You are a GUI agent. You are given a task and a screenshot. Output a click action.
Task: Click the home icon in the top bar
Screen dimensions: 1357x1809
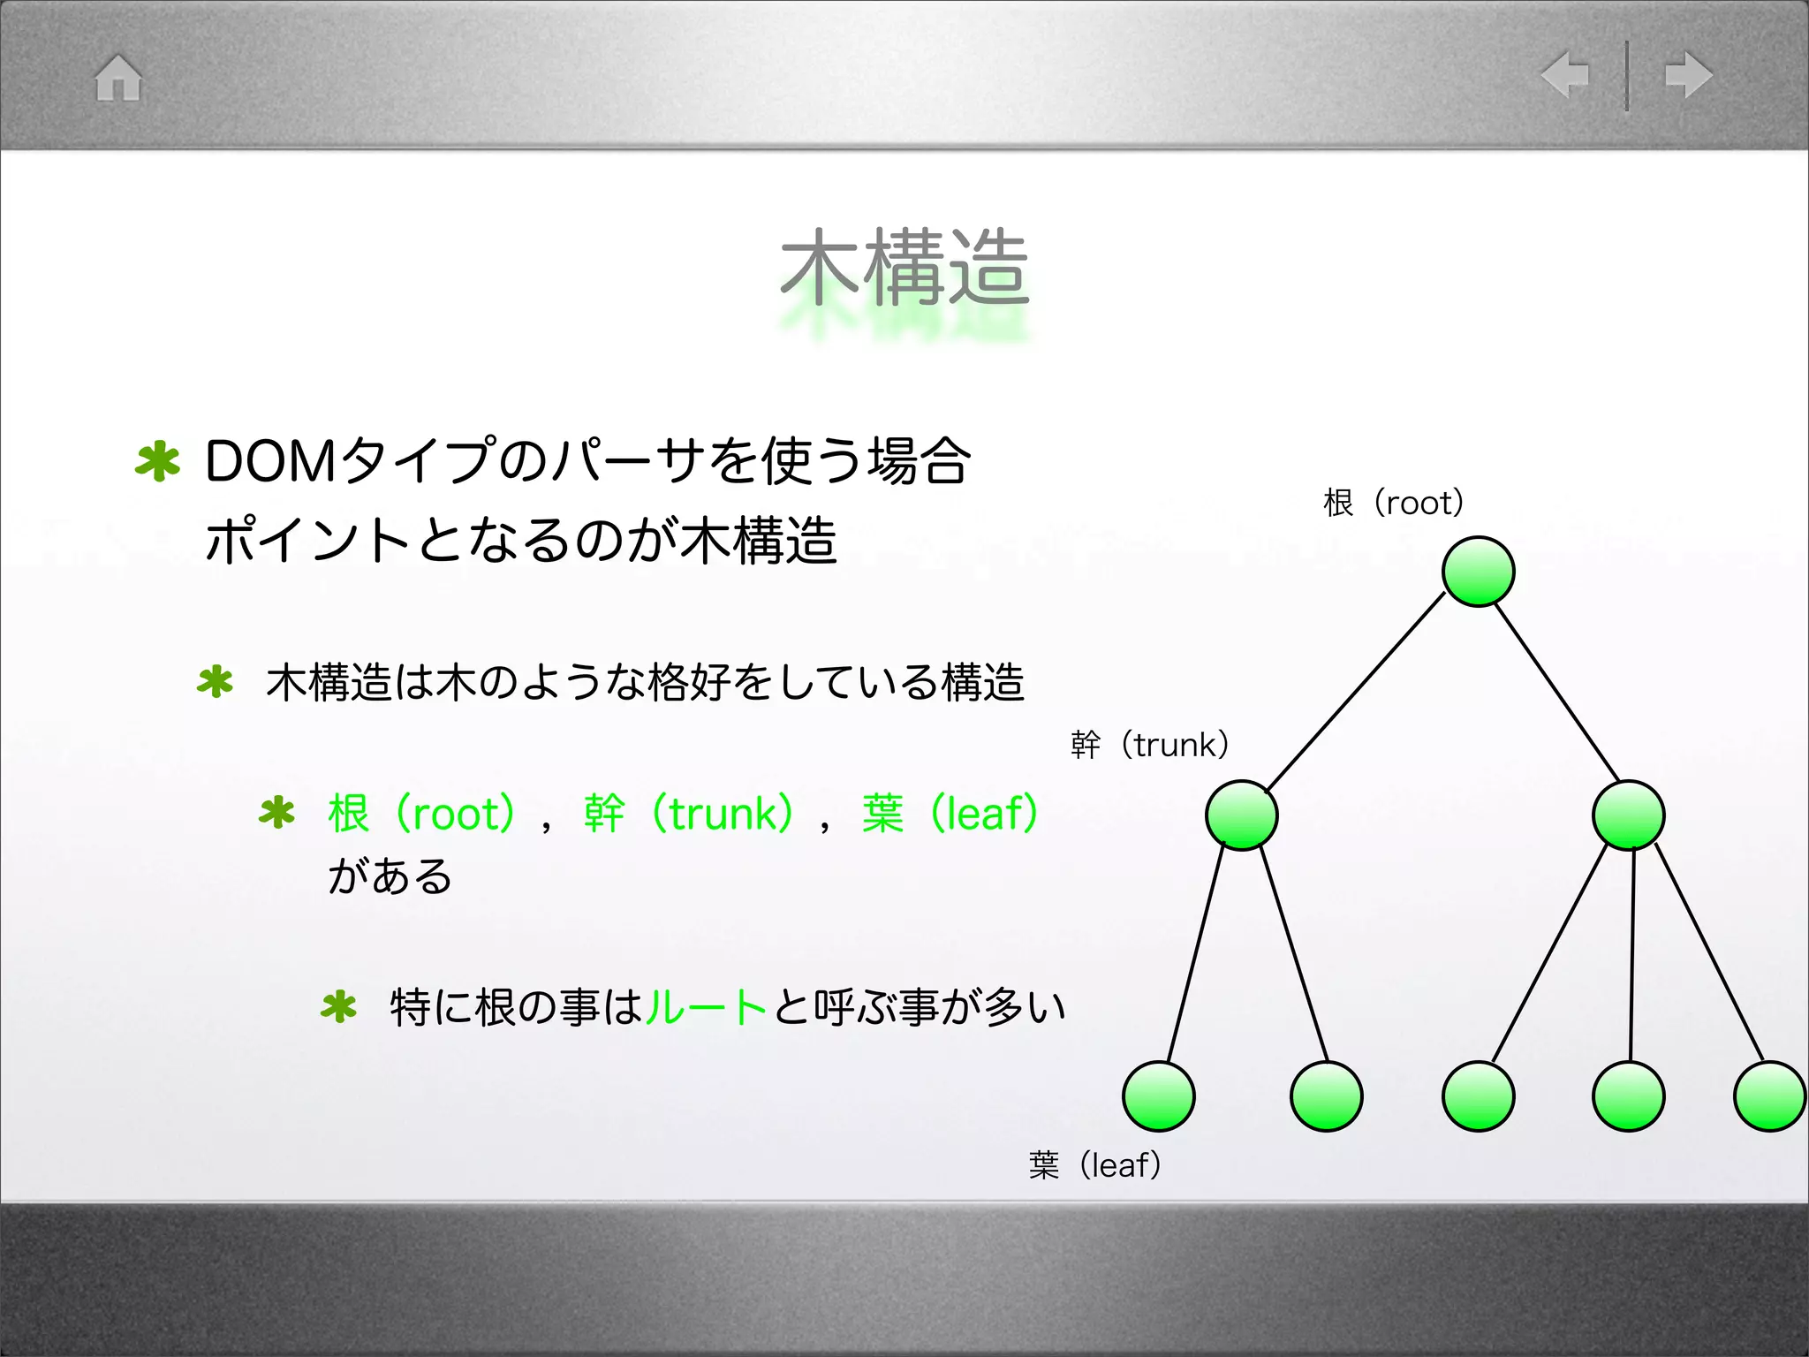[x=118, y=78]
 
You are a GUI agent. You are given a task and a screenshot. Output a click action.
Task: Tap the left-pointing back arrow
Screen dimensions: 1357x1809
[x=1565, y=74]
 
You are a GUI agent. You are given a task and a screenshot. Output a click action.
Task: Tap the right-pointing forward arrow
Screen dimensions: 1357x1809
[x=1688, y=74]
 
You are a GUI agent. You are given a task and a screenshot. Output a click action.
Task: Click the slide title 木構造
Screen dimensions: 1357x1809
[x=904, y=268]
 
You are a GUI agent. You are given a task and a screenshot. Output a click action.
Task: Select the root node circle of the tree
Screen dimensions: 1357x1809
[x=1478, y=572]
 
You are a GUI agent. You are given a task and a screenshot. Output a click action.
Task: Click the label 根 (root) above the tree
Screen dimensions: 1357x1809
[x=1393, y=503]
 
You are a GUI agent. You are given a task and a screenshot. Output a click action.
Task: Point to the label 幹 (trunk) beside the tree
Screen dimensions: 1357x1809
[x=1149, y=745]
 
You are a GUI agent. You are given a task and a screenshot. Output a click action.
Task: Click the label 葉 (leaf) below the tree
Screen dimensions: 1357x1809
[x=1094, y=1165]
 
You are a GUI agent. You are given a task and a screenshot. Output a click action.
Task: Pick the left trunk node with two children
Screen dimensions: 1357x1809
[x=1241, y=815]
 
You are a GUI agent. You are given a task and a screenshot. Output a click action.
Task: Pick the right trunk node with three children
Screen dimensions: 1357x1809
[x=1628, y=815]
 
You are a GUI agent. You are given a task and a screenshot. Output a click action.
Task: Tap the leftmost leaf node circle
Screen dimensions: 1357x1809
[x=1158, y=1095]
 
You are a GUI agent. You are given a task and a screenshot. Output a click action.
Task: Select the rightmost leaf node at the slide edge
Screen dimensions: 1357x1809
[x=1769, y=1095]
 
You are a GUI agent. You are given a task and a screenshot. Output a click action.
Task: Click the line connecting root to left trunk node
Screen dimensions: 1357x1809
[x=1357, y=691]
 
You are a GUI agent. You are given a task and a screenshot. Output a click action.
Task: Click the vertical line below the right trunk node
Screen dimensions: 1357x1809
[x=1631, y=954]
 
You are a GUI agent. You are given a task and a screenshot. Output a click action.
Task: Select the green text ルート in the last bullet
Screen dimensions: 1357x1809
[x=706, y=1006]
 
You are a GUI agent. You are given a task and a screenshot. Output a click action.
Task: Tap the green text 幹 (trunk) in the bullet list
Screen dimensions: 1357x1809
[x=689, y=813]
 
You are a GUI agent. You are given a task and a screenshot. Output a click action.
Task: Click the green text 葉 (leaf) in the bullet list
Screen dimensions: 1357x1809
[x=950, y=813]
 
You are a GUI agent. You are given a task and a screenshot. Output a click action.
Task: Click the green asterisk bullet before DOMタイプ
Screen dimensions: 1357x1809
[x=158, y=461]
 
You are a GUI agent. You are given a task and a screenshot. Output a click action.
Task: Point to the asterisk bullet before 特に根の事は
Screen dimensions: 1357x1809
[x=339, y=1006]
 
